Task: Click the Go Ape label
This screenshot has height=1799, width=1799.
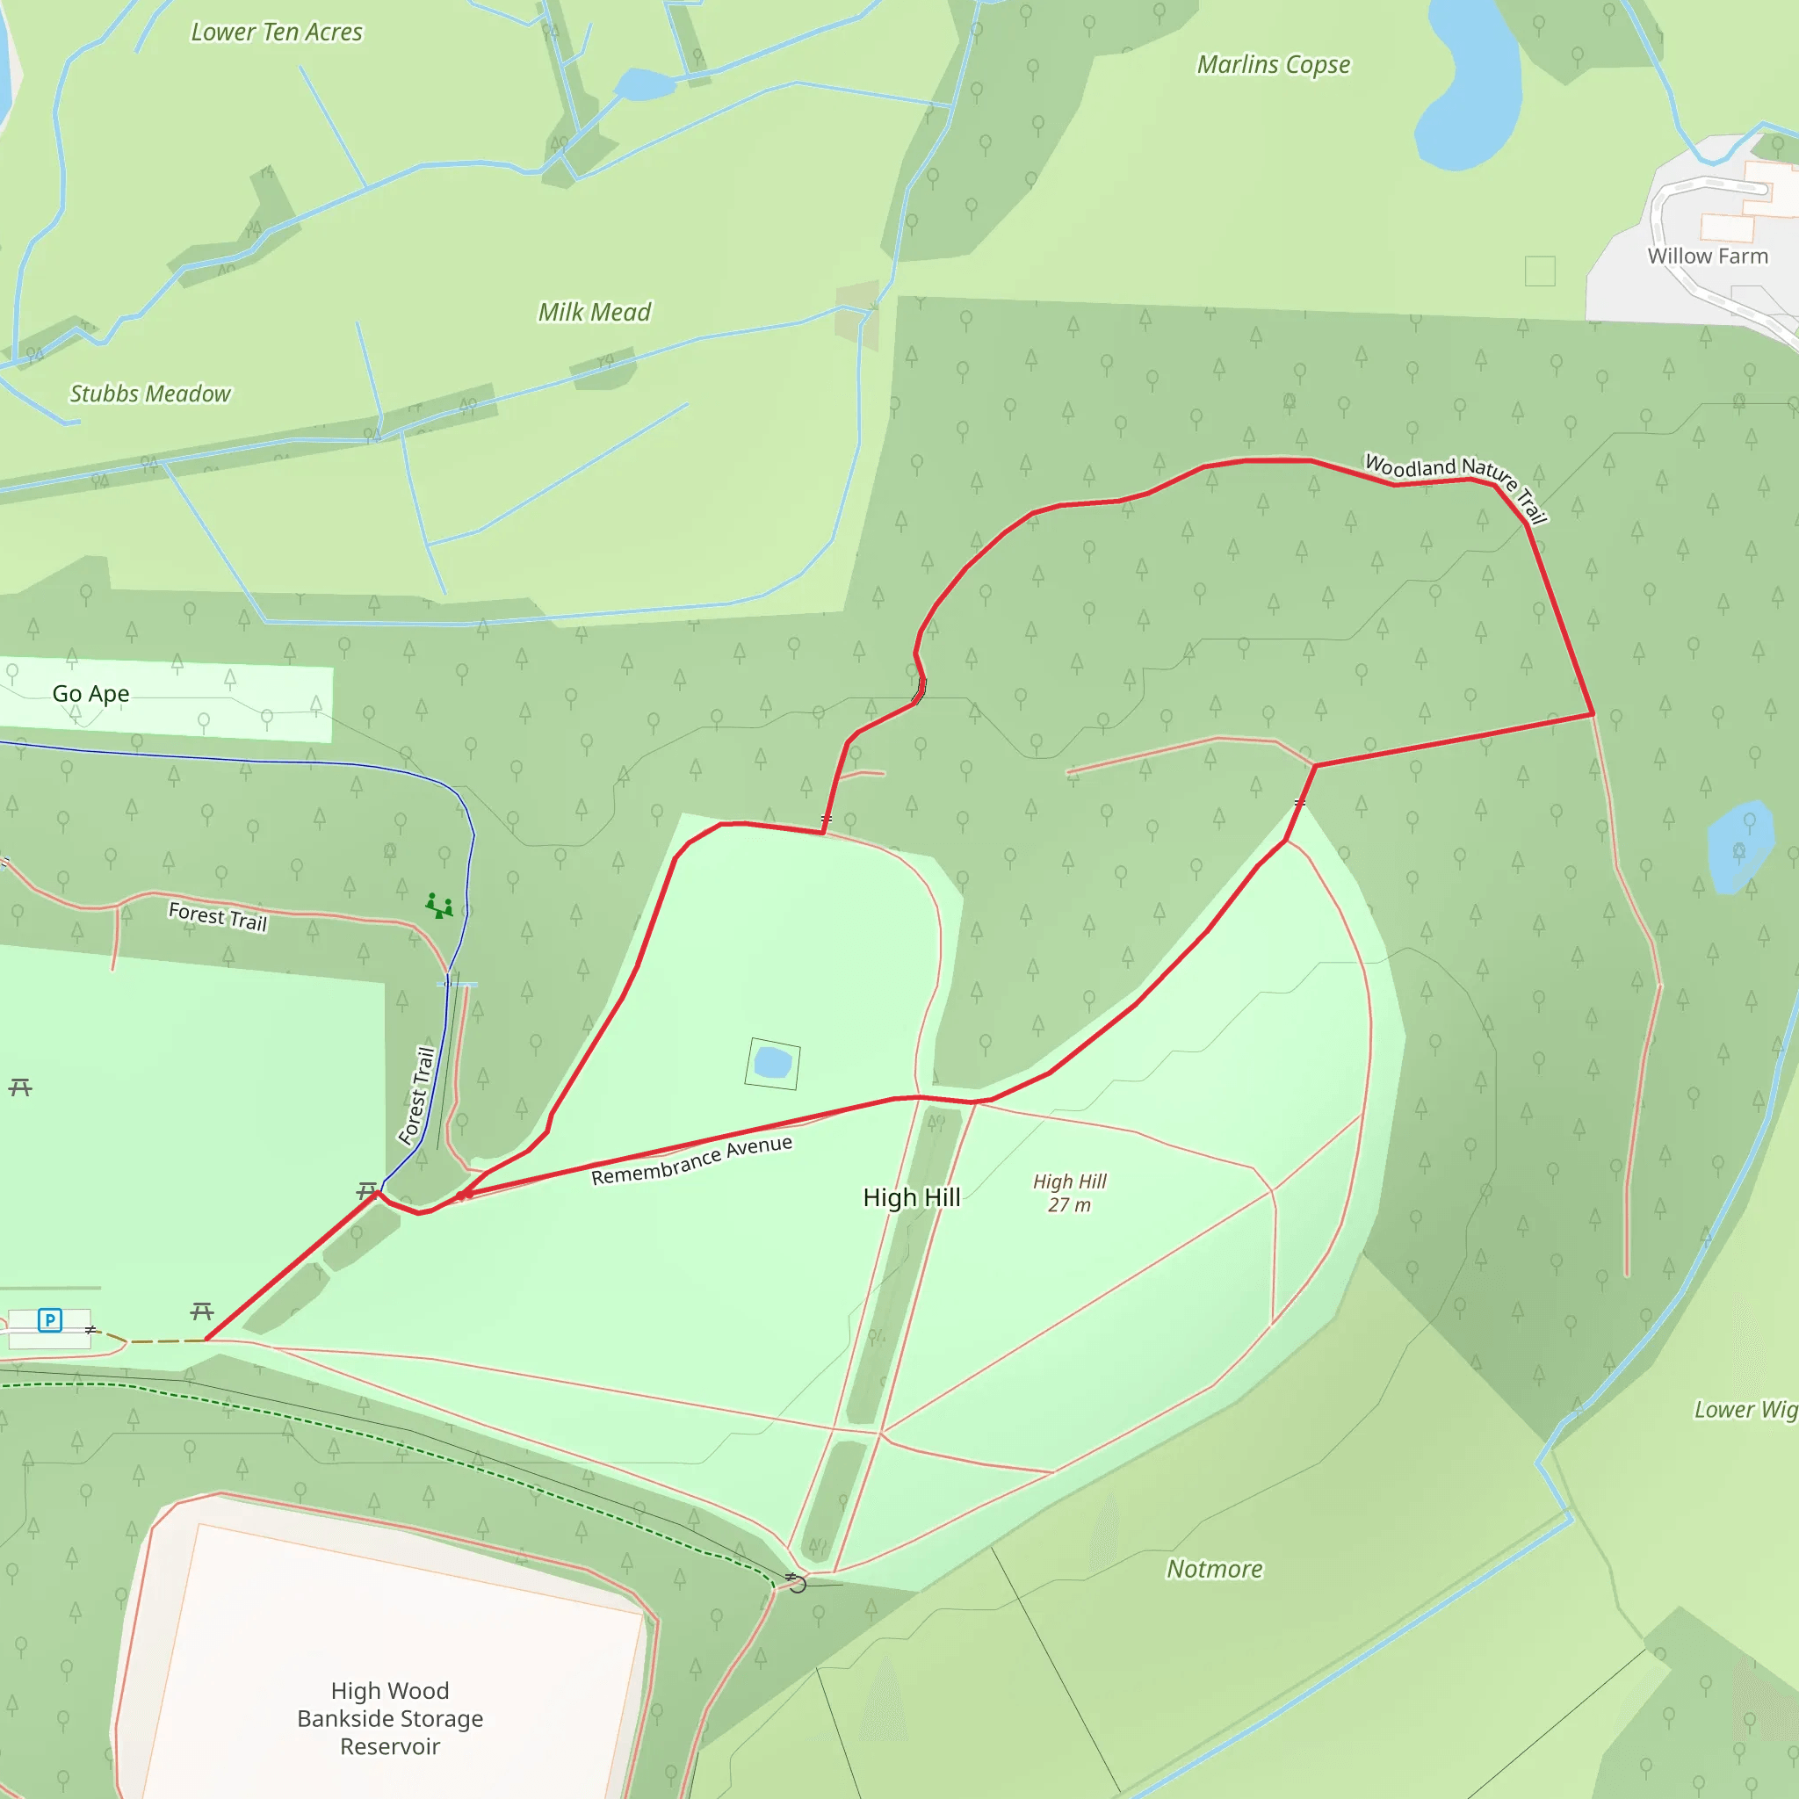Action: point(90,694)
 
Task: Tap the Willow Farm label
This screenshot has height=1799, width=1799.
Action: point(1707,256)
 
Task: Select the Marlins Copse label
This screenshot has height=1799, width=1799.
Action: point(1273,64)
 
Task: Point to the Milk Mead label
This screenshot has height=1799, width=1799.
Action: point(594,312)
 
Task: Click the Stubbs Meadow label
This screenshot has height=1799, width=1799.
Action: point(150,394)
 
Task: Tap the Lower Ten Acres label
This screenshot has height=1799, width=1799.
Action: point(277,33)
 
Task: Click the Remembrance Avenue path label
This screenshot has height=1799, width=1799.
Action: point(691,1160)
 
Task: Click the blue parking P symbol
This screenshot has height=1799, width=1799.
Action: point(50,1319)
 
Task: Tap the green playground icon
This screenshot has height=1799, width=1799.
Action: point(438,905)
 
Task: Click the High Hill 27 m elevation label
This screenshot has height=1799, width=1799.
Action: point(1069,1193)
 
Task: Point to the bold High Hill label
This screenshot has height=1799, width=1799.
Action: point(911,1197)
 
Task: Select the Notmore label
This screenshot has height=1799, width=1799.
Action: point(1214,1569)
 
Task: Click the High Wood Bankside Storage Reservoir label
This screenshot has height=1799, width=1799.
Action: point(390,1718)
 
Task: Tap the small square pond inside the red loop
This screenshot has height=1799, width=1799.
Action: point(772,1063)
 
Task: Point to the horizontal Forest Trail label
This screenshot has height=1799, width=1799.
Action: point(218,917)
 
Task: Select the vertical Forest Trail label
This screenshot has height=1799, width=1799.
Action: point(417,1095)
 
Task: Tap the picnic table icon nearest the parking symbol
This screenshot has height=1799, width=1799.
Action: point(202,1312)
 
